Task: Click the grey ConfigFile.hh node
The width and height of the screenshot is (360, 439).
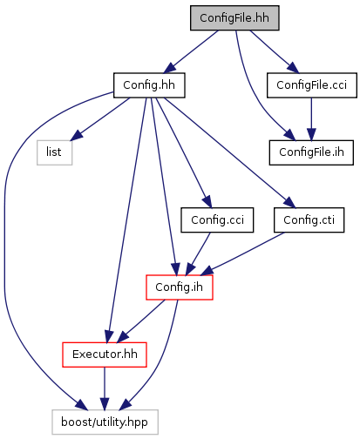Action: (x=234, y=18)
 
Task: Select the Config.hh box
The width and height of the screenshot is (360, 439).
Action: (x=149, y=85)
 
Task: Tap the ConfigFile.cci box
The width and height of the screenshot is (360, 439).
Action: (x=312, y=85)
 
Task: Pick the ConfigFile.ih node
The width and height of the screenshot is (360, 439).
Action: (x=311, y=152)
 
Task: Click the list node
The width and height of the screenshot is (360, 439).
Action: (x=54, y=152)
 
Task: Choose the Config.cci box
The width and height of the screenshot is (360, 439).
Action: (x=217, y=220)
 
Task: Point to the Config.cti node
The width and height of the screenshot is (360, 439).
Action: (x=309, y=220)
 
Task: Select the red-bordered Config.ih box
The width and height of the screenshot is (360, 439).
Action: (x=180, y=287)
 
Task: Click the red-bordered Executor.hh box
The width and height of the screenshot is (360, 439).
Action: (x=105, y=355)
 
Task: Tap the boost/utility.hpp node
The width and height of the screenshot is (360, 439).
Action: (x=105, y=422)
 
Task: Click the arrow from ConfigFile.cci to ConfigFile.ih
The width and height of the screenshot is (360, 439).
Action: (x=311, y=119)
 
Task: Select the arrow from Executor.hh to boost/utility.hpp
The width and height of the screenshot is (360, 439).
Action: (x=105, y=388)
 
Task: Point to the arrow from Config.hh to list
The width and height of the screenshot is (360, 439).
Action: (x=100, y=119)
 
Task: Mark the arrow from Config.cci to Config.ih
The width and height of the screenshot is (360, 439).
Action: (x=198, y=254)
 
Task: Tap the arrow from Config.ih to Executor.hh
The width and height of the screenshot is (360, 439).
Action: (x=140, y=321)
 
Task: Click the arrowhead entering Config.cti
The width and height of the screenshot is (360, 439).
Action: (x=289, y=203)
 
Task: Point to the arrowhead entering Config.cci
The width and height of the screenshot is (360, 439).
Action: (x=207, y=202)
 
